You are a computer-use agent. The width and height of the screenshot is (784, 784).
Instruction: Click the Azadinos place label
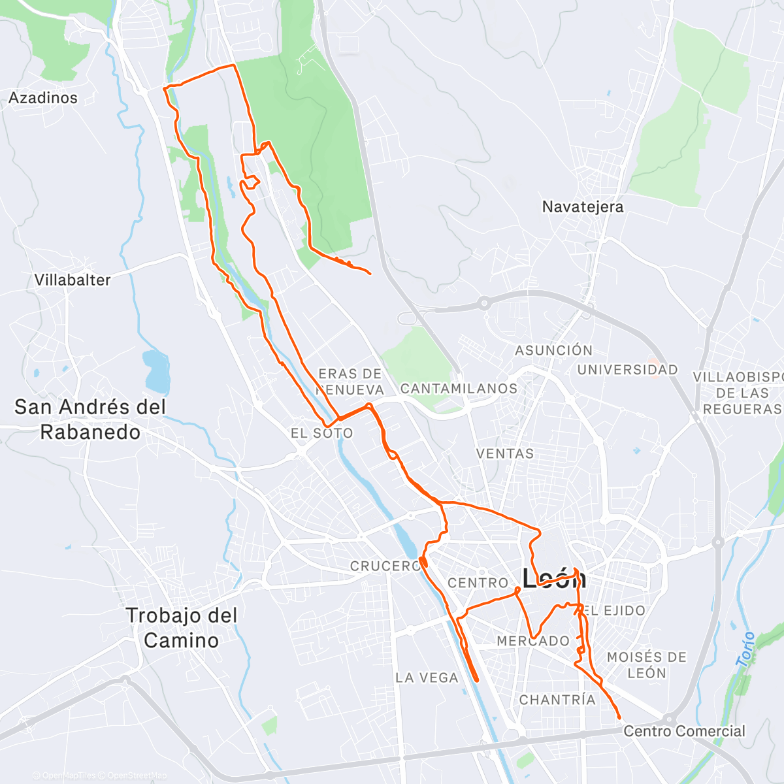coord(43,98)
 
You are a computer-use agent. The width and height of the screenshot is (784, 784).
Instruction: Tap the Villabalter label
coord(73,280)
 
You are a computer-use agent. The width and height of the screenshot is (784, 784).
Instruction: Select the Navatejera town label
coord(583,207)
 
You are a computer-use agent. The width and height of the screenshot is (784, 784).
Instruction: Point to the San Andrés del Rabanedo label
coord(90,419)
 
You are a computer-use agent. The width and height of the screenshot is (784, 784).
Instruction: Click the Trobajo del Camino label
coord(181,628)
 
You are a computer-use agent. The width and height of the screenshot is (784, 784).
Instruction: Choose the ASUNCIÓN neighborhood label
coord(553,350)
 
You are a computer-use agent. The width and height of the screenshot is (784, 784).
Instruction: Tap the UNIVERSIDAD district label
coord(627,370)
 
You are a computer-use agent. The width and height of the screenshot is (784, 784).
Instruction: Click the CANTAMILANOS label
coord(459,389)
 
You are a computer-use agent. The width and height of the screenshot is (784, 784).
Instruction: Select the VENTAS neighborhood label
coord(505,453)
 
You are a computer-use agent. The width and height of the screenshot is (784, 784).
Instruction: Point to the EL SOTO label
coord(321,433)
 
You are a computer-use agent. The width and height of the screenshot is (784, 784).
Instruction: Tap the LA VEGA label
coord(427,678)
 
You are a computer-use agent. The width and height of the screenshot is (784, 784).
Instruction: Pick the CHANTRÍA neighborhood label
coord(557,700)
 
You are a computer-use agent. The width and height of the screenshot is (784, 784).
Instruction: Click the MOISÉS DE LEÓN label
coord(646,665)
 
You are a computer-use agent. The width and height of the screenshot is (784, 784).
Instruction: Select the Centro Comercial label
coord(684,731)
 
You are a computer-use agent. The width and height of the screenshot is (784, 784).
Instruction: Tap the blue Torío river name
coord(745,649)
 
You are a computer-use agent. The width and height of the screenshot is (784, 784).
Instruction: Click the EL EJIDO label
coord(614,611)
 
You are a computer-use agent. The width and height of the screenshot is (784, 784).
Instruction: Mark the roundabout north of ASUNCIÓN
coord(483,302)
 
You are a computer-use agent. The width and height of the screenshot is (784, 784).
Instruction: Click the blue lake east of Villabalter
coord(156,370)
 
